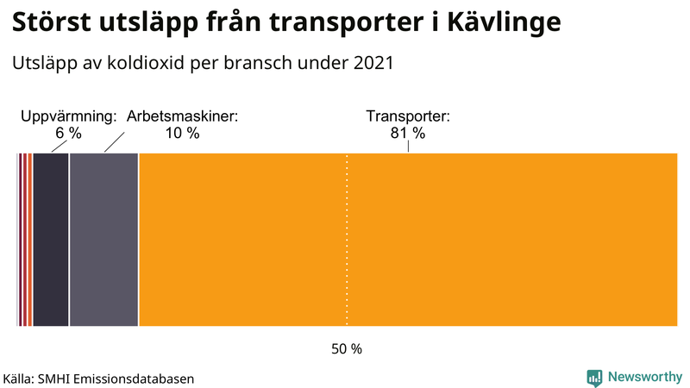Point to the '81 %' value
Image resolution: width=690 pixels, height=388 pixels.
[408, 134]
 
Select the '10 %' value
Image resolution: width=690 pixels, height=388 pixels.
[182, 134]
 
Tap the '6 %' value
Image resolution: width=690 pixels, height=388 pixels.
[68, 134]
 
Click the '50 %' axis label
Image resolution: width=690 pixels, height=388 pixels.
[347, 349]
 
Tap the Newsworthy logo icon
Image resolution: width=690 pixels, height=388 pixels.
[594, 377]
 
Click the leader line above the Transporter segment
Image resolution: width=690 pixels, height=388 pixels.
[408, 147]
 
